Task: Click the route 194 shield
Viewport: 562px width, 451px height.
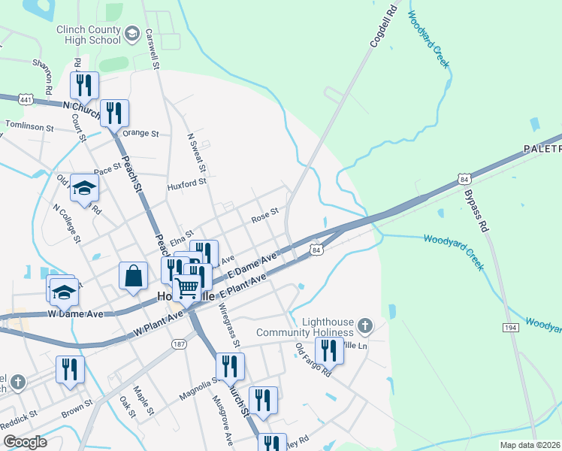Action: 508,328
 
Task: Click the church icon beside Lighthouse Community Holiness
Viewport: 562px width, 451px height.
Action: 365,326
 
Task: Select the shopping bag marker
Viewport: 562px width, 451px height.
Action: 133,275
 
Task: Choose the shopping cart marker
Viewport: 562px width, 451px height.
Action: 187,286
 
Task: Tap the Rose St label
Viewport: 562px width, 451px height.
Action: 264,216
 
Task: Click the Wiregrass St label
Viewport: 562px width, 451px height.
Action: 228,324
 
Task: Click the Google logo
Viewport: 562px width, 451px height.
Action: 24,442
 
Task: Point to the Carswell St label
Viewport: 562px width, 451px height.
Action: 153,49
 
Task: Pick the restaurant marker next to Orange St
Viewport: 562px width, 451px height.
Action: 114,114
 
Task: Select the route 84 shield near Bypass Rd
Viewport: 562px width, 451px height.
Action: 464,179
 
